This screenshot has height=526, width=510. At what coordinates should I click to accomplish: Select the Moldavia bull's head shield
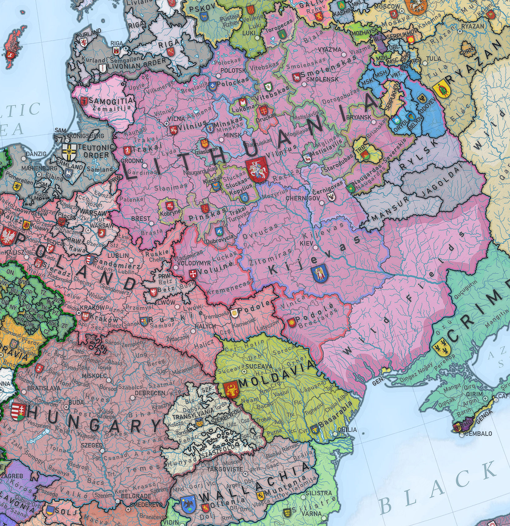pos(231,389)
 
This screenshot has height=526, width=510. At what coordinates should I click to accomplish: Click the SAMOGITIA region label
pos(111,100)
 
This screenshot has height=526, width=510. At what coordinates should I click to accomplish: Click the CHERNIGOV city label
pos(301,198)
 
